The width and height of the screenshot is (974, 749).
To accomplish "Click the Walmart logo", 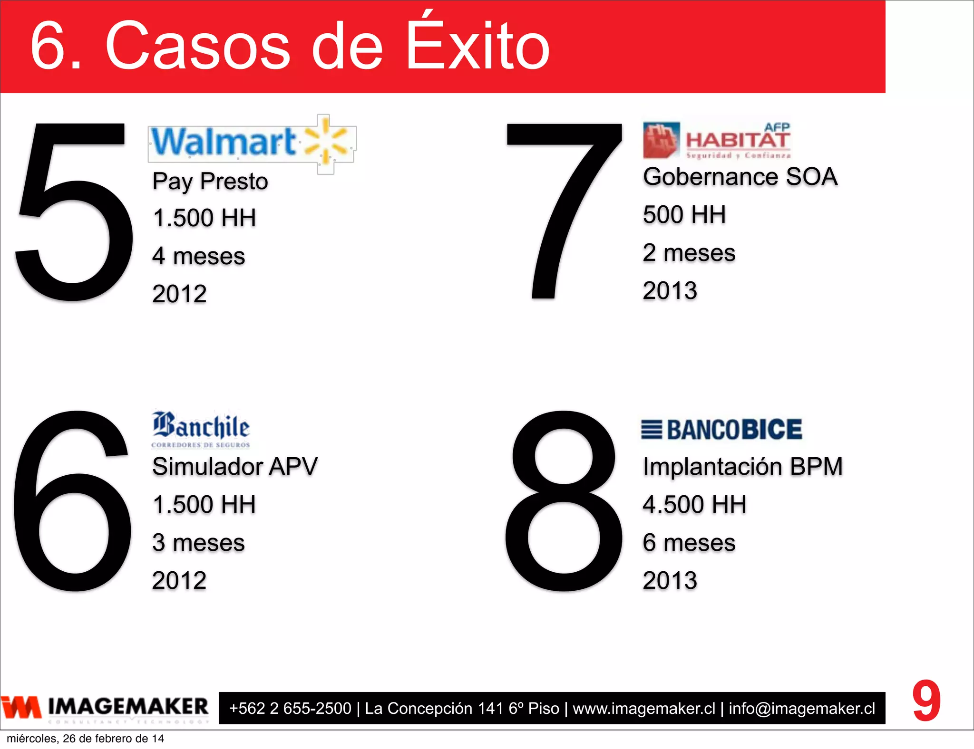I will tap(252, 143).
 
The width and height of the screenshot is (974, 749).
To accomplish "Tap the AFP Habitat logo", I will tap(716, 140).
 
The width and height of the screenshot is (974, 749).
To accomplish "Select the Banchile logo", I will tap(201, 429).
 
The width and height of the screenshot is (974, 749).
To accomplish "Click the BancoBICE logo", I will tap(721, 430).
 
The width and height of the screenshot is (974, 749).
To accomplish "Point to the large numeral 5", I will tap(74, 211).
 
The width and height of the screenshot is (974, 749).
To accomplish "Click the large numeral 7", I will tap(564, 209).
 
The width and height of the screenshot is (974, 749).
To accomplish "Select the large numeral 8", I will tap(564, 501).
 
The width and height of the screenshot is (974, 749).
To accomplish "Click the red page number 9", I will tap(926, 701).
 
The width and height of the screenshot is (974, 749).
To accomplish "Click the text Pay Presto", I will tap(210, 182).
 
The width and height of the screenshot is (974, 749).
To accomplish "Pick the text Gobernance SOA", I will tap(740, 177).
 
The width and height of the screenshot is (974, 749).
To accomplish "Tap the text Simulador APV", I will tap(235, 466).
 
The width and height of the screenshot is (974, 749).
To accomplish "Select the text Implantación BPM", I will tap(743, 466).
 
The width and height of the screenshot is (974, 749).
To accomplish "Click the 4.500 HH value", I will tap(694, 504).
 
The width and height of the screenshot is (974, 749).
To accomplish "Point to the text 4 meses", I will tap(199, 257).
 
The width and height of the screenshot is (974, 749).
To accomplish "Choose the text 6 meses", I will tap(689, 543).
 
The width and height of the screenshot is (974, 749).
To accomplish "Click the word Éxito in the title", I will tap(478, 45).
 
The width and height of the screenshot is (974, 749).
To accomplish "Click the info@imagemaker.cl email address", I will tap(802, 709).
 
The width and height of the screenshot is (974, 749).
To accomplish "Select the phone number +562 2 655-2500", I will tap(290, 709).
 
